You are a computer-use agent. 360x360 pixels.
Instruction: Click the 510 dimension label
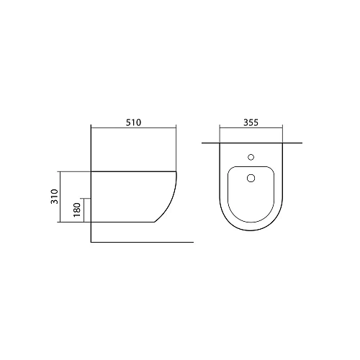point(134,122)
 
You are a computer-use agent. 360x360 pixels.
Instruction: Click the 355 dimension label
point(251,122)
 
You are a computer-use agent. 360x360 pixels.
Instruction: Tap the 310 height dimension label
point(55,197)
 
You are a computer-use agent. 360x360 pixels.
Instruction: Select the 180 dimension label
point(77,210)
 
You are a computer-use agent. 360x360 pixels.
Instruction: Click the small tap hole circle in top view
point(251,157)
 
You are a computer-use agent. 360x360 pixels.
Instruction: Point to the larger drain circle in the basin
point(251,178)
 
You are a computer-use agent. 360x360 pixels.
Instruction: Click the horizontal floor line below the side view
point(143,242)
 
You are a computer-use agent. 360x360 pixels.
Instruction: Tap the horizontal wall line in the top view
point(252,143)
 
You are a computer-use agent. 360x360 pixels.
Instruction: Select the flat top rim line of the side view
point(133,171)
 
